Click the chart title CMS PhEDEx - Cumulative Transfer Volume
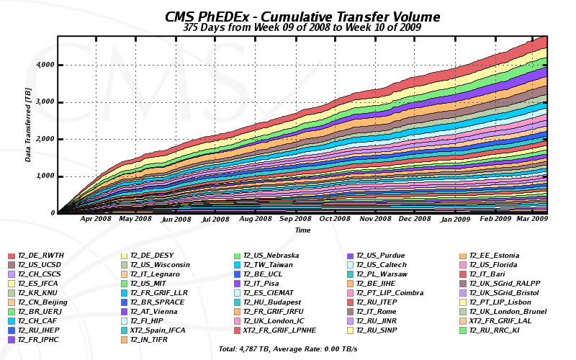(x=302, y=17)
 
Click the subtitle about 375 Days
(x=302, y=28)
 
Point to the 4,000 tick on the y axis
(x=45, y=65)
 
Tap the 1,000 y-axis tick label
(x=45, y=176)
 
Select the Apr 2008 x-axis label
(x=96, y=218)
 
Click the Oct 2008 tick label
(x=335, y=218)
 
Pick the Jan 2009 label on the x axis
(x=456, y=218)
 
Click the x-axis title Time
(x=302, y=230)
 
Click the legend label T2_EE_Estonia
(x=494, y=256)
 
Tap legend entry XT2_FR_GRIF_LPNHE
(x=279, y=330)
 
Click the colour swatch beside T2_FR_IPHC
(x=12, y=340)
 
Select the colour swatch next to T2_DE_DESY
(x=124, y=256)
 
